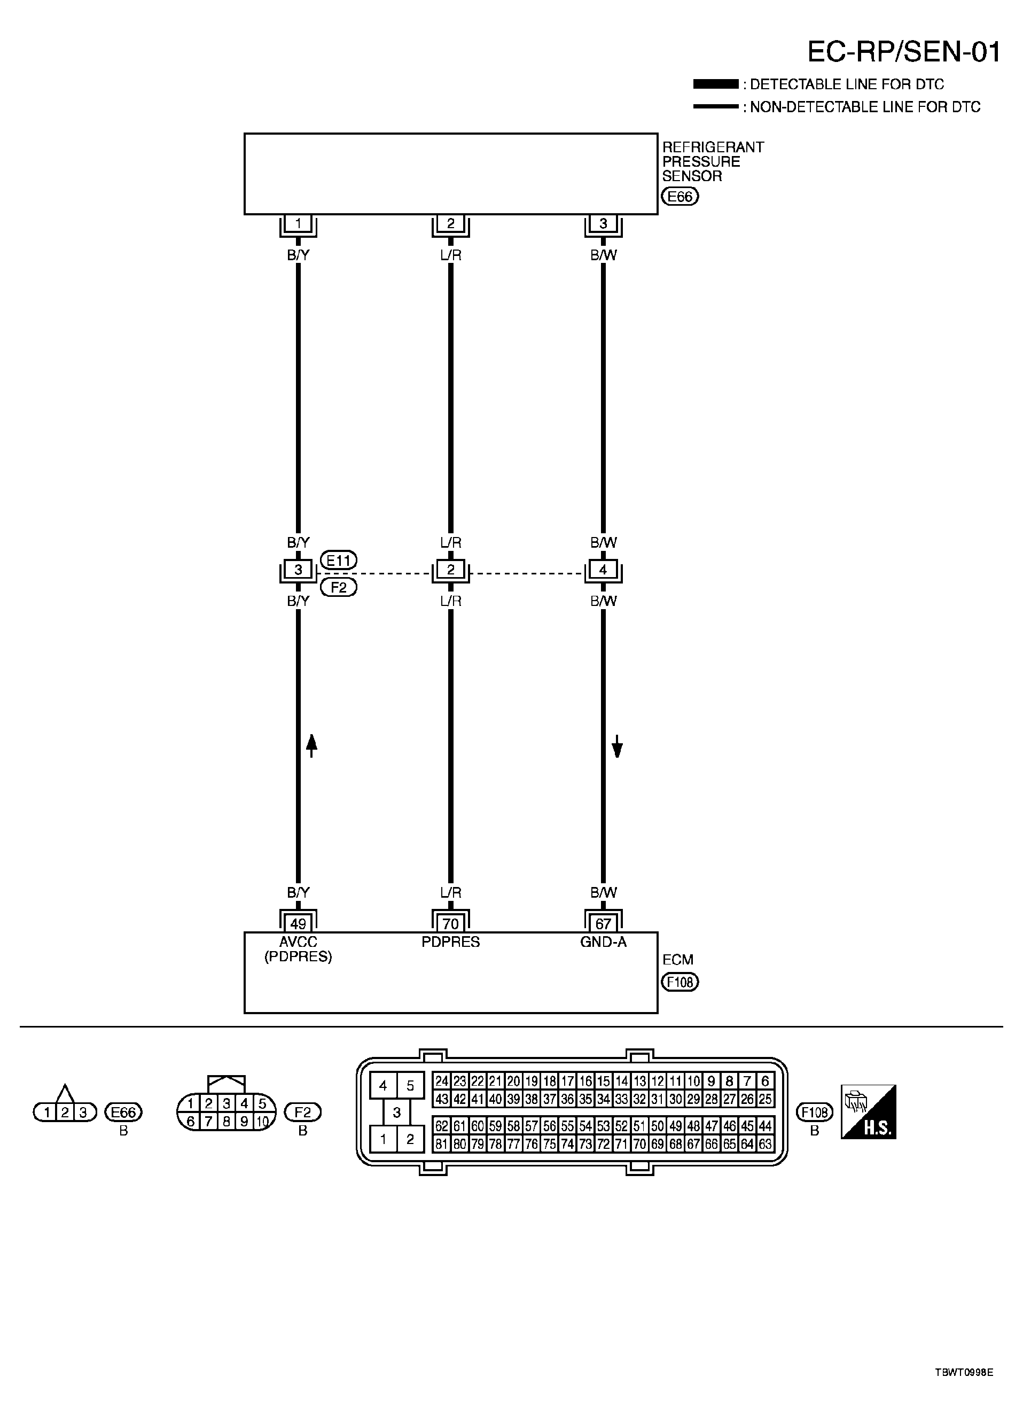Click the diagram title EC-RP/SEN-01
tap(904, 52)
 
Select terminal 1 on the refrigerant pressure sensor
tap(298, 223)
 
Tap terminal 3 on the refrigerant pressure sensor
tap(603, 223)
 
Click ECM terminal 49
tap(298, 923)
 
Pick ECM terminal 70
tap(451, 923)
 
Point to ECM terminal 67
tap(603, 923)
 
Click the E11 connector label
tap(338, 560)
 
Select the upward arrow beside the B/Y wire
tap(312, 745)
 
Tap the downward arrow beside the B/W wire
tap(618, 746)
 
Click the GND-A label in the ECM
tap(603, 942)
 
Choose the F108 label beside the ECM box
tap(680, 982)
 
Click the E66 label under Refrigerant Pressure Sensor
tap(680, 197)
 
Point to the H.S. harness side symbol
tap(868, 1112)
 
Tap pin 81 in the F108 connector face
tap(442, 1144)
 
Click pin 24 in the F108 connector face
tap(442, 1082)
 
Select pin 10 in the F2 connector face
tap(263, 1122)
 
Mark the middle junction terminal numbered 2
tap(451, 570)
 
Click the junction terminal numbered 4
tap(603, 570)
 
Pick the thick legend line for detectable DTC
tap(715, 84)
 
